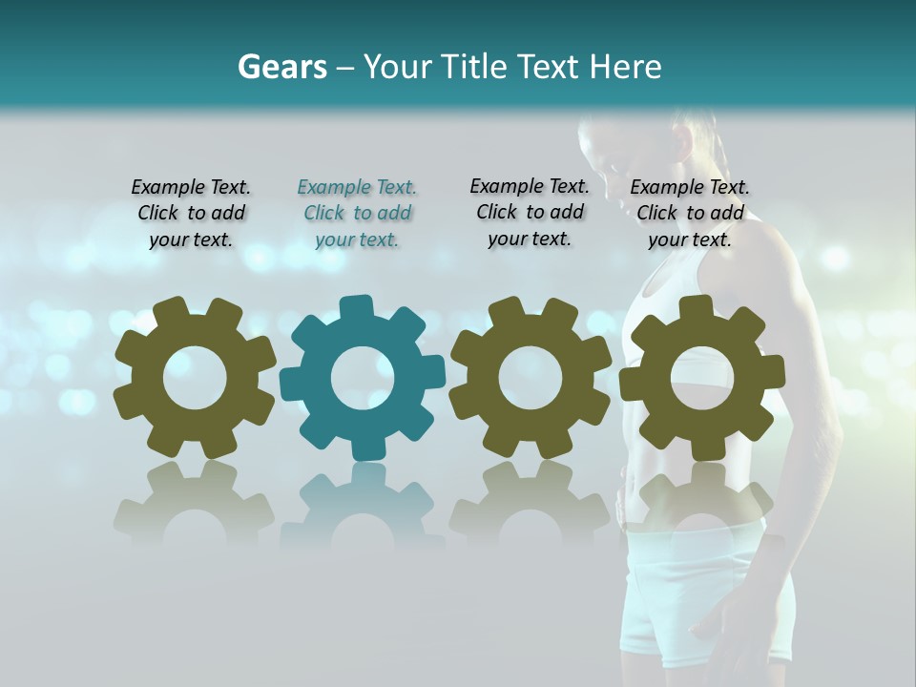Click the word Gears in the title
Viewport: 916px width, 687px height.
click(281, 67)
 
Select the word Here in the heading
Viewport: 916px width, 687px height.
click(625, 67)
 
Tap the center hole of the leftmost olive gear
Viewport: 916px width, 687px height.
click(195, 378)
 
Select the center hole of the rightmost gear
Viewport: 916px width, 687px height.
click(702, 378)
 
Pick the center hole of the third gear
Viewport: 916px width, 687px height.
click(530, 378)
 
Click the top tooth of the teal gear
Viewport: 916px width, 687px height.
click(356, 308)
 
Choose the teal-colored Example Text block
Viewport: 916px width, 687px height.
click(357, 214)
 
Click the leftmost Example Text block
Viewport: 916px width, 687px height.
click(191, 214)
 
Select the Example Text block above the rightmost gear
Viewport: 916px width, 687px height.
click(690, 214)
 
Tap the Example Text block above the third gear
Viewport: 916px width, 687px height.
click(530, 212)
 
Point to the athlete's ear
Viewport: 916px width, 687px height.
click(683, 141)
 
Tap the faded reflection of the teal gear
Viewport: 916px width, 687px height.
click(363, 506)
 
